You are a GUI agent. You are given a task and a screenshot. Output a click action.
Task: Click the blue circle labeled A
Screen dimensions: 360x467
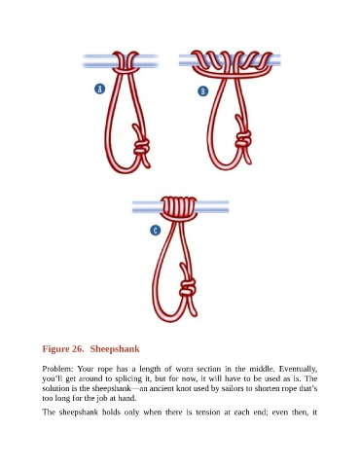click(x=100, y=89)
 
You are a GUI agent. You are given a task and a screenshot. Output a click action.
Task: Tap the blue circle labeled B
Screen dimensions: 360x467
click(x=203, y=91)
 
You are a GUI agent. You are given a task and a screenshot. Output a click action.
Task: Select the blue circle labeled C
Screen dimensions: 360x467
click(x=156, y=231)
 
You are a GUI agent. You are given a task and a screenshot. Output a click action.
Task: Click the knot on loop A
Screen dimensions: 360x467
click(x=142, y=147)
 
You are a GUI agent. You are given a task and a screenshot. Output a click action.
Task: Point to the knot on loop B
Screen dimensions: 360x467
click(x=243, y=139)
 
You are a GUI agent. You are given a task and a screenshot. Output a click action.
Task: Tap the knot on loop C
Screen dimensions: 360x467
click(x=188, y=287)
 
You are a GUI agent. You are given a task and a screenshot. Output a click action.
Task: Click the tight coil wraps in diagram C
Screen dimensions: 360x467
click(x=179, y=207)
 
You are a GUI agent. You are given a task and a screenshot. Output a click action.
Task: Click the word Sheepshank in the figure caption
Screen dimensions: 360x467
click(x=115, y=349)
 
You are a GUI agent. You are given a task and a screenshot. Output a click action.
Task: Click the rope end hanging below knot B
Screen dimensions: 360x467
click(x=248, y=157)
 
